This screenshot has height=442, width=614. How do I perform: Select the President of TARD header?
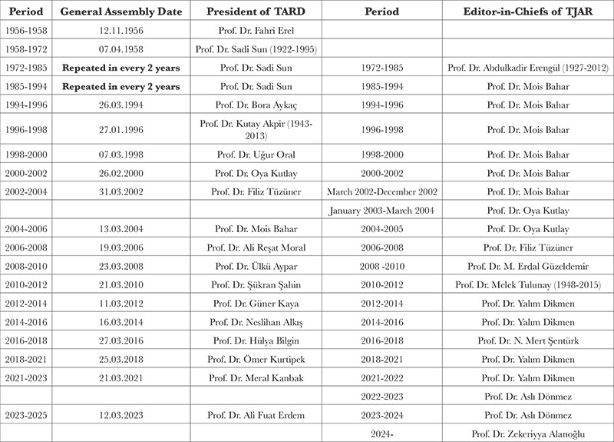[260, 14]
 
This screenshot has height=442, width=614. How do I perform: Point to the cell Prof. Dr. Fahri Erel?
[260, 32]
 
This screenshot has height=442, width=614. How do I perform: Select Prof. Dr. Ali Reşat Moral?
[260, 248]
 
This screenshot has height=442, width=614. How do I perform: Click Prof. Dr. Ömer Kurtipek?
[260, 358]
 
